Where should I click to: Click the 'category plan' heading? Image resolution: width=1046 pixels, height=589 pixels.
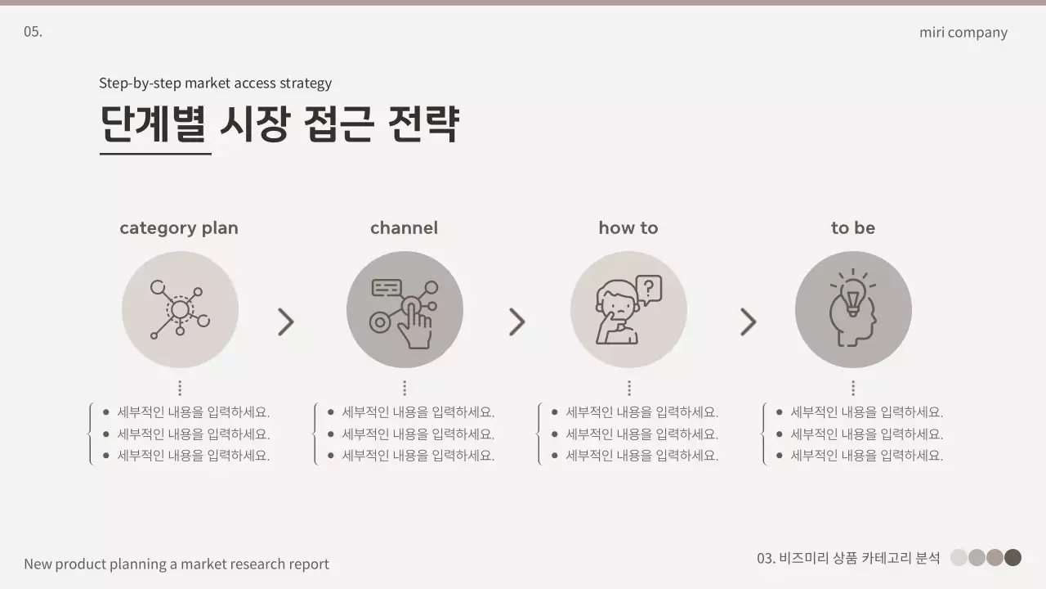pyautogui.click(x=179, y=228)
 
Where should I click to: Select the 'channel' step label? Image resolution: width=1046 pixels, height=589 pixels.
pyautogui.click(x=404, y=228)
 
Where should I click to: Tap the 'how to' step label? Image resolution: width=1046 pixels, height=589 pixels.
pyautogui.click(x=628, y=228)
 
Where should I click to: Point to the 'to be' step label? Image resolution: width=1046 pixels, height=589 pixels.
pyautogui.click(x=852, y=228)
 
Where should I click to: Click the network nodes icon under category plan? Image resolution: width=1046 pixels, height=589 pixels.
pyautogui.click(x=180, y=309)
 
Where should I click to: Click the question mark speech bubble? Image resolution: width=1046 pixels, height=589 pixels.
pyautogui.click(x=649, y=289)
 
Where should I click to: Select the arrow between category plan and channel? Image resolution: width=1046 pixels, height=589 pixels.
pyautogui.click(x=285, y=322)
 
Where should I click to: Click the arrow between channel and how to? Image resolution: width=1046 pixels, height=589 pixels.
pyautogui.click(x=516, y=322)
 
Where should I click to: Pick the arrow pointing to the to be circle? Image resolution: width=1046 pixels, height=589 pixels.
pyautogui.click(x=748, y=322)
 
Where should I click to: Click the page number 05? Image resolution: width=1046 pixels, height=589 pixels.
pyautogui.click(x=33, y=32)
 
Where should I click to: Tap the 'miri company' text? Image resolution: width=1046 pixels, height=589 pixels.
pyautogui.click(x=963, y=33)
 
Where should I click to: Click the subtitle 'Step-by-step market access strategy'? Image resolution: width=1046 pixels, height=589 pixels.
pyautogui.click(x=215, y=83)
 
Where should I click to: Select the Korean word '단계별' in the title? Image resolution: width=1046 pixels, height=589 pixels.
pyautogui.click(x=155, y=124)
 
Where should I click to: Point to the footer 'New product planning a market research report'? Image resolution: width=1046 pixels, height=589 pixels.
pyautogui.click(x=177, y=564)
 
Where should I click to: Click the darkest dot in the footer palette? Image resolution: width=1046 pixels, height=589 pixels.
pyautogui.click(x=1012, y=558)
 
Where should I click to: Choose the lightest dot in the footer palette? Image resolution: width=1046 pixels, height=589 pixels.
pyautogui.click(x=959, y=558)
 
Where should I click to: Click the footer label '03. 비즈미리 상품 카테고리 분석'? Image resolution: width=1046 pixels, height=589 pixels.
pyautogui.click(x=848, y=558)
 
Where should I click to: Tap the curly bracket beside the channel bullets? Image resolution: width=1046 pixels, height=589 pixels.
pyautogui.click(x=315, y=434)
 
